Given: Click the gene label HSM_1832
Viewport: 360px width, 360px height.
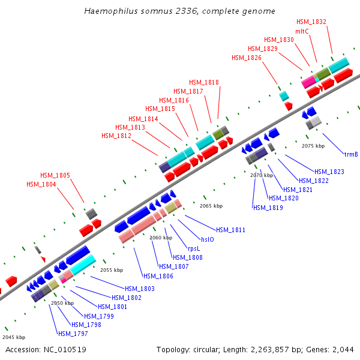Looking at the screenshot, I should pos(311,22).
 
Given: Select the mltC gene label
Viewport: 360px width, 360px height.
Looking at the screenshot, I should pos(302,31).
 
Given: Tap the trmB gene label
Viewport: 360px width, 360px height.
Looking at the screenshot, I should pos(351,154).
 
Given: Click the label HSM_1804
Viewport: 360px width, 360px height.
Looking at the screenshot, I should pos(41,184).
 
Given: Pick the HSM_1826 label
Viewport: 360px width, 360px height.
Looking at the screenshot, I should pos(247,58).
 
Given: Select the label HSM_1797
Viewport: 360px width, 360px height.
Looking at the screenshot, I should pos(73,333).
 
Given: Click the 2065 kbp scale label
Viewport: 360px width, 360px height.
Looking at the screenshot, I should pos(211,206).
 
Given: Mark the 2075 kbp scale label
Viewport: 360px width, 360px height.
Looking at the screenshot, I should pos(313,146).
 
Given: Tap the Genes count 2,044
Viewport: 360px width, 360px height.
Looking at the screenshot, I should pos(343,349).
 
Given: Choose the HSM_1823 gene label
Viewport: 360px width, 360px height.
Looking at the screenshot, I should pos(329,172).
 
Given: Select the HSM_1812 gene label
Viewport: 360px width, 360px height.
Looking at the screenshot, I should pos(116,136).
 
